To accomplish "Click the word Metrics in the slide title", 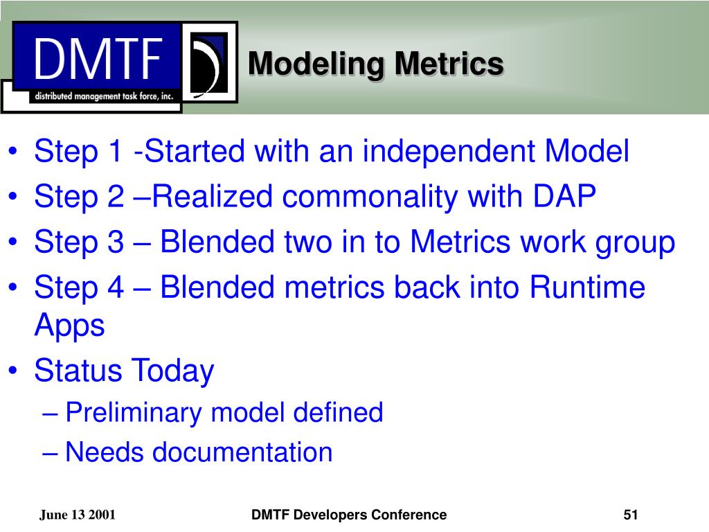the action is click(x=449, y=63).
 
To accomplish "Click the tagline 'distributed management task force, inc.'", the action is click(x=104, y=96).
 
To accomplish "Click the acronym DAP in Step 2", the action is click(x=564, y=196).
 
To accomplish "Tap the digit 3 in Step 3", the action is click(x=116, y=242).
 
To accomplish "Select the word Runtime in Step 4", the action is click(x=587, y=287).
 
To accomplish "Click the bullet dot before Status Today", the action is click(x=13, y=371).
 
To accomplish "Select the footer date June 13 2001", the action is click(x=78, y=515).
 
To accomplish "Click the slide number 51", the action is click(x=630, y=515).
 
